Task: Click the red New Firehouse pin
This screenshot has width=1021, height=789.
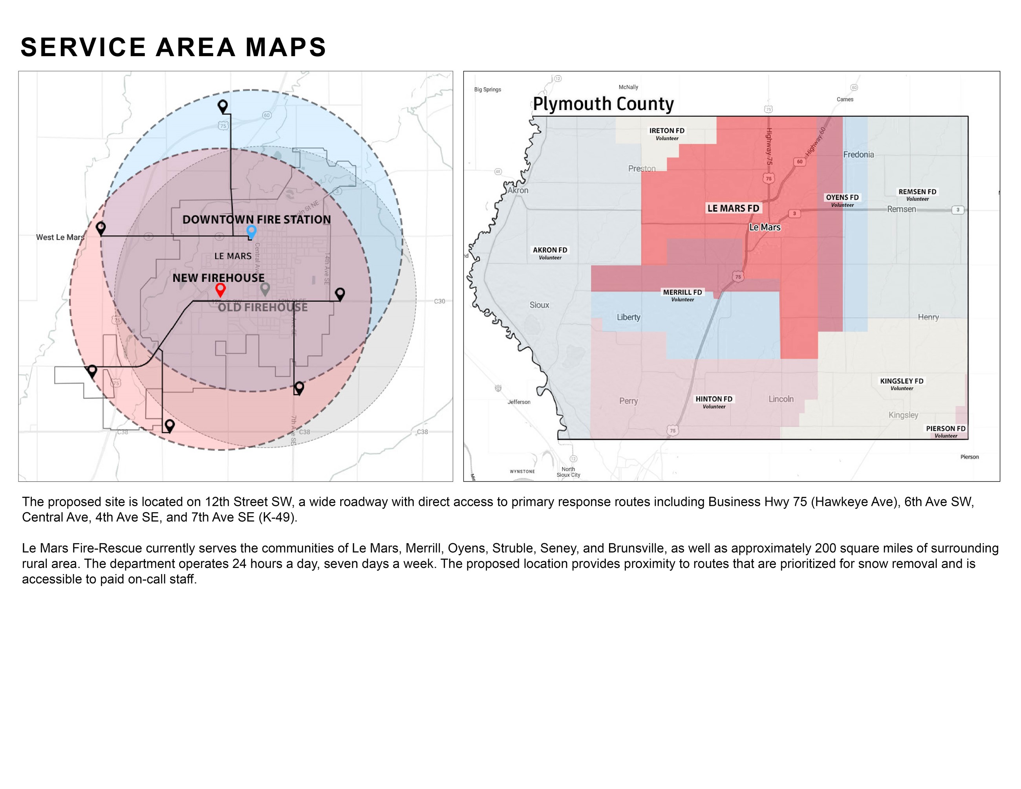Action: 220,289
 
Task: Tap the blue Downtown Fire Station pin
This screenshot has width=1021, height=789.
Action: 251,231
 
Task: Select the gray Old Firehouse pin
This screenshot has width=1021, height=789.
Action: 265,288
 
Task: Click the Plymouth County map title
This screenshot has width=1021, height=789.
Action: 603,104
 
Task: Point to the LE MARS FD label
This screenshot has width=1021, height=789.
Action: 733,208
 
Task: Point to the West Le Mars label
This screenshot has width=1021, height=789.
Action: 60,237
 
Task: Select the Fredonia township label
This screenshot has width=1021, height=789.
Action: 858,155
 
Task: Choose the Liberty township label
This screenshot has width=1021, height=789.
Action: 628,317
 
